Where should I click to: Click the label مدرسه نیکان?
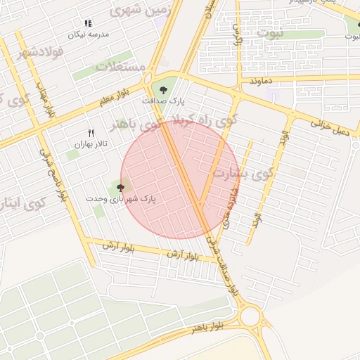87,34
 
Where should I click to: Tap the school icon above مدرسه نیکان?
88,24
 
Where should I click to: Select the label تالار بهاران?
89,143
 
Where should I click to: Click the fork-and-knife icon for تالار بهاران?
90,133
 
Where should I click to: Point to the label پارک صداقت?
163,101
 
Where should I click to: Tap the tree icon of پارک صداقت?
163,89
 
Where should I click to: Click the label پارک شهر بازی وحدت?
121,199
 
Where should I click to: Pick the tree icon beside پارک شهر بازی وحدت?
120,188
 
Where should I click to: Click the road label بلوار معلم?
115,97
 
